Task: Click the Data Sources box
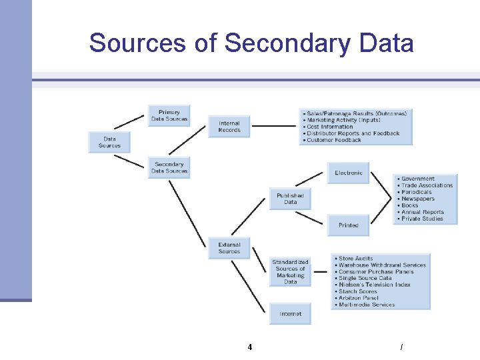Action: pos(109,143)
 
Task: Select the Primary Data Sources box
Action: pos(169,116)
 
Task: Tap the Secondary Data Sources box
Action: pos(169,167)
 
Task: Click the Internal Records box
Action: pos(229,127)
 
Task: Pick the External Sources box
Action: pos(229,248)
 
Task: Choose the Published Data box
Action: pos(290,199)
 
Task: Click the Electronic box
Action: pos(348,173)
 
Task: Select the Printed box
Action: pos(348,225)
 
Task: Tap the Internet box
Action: pos(290,313)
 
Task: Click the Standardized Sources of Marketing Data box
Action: pos(290,272)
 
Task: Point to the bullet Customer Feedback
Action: pos(334,140)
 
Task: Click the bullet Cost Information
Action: pos(330,127)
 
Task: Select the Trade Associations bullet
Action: pos(427,185)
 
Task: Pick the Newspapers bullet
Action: pos(418,199)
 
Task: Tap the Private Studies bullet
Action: pos(422,219)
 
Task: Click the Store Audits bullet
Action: pos(356,258)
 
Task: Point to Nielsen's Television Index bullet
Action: pos(374,285)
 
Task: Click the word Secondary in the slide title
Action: pos(287,43)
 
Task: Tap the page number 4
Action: pos(249,347)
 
